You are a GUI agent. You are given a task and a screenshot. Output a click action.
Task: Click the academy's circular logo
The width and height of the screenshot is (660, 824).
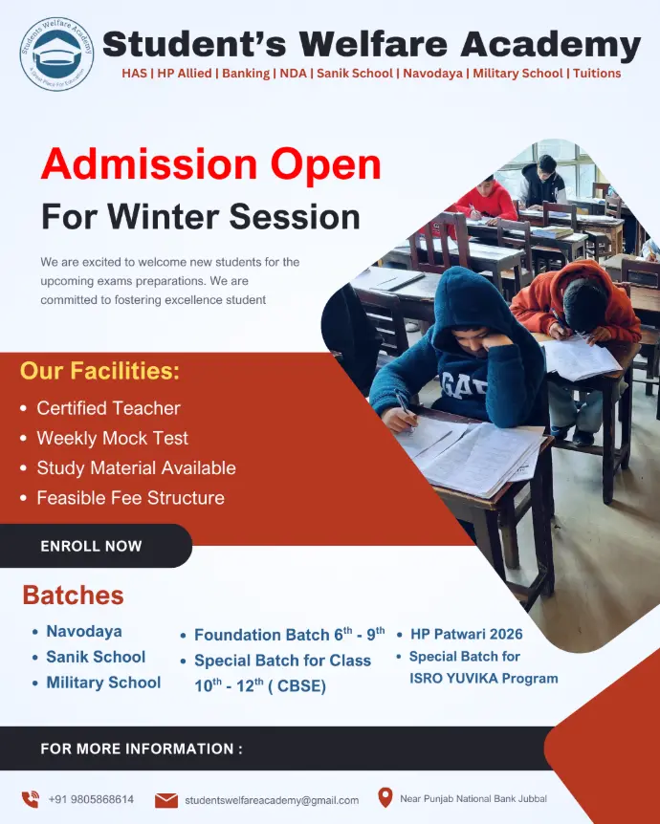click(56, 54)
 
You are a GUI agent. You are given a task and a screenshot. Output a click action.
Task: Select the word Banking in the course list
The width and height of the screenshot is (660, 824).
click(246, 73)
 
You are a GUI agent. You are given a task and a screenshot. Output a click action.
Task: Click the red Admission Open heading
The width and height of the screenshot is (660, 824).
click(210, 164)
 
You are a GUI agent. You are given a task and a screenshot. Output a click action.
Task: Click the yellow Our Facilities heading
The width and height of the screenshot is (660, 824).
click(99, 371)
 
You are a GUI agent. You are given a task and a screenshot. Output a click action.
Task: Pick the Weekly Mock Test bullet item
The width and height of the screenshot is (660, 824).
click(112, 438)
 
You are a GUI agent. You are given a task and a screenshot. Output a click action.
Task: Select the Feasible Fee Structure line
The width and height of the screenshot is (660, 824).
click(130, 498)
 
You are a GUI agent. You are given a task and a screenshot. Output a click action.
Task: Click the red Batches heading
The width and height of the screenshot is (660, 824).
click(73, 595)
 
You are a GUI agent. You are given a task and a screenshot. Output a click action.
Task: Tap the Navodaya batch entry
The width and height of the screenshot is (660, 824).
click(84, 631)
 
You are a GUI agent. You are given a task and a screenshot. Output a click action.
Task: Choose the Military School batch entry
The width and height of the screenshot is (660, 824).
click(103, 683)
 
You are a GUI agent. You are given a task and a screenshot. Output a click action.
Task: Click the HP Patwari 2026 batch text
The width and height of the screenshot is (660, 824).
click(467, 634)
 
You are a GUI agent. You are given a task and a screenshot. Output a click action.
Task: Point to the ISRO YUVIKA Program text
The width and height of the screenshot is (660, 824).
click(484, 678)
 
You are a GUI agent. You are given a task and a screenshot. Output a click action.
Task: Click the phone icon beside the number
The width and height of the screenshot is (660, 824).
click(31, 799)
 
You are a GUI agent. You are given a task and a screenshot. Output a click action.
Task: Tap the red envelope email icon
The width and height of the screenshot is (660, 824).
click(166, 800)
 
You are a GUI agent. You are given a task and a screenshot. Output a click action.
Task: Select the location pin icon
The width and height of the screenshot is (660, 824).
click(385, 797)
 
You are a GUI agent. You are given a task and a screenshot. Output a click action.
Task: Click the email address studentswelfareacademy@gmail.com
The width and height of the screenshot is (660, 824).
click(272, 800)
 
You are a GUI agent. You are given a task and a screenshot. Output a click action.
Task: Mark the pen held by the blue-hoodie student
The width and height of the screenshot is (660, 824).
click(403, 402)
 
